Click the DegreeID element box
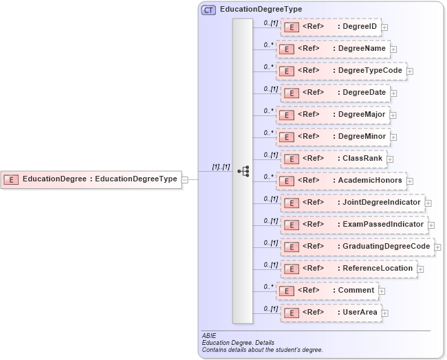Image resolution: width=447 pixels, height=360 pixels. [x=330, y=27]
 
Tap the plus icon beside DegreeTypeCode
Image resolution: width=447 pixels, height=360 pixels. [x=410, y=71]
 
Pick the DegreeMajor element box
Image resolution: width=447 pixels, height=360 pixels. [x=333, y=115]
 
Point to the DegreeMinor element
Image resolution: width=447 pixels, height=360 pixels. [x=333, y=137]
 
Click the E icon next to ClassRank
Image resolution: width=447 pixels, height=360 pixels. [x=291, y=159]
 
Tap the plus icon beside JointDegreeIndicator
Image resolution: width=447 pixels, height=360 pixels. [x=428, y=203]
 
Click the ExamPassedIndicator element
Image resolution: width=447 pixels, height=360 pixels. [x=354, y=224]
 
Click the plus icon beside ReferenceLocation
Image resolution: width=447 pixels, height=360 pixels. [x=420, y=269]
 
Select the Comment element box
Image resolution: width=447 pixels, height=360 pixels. [x=327, y=291]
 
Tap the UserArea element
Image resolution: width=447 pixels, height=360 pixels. [x=332, y=313]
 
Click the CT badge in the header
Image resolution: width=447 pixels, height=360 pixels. [x=208, y=10]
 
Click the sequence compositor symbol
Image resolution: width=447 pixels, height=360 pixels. [x=243, y=171]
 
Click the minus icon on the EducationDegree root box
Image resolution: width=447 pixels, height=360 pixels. [x=184, y=180]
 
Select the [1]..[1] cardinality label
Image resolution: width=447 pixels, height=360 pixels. [x=221, y=167]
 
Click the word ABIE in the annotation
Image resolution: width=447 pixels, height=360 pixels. [x=209, y=336]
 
